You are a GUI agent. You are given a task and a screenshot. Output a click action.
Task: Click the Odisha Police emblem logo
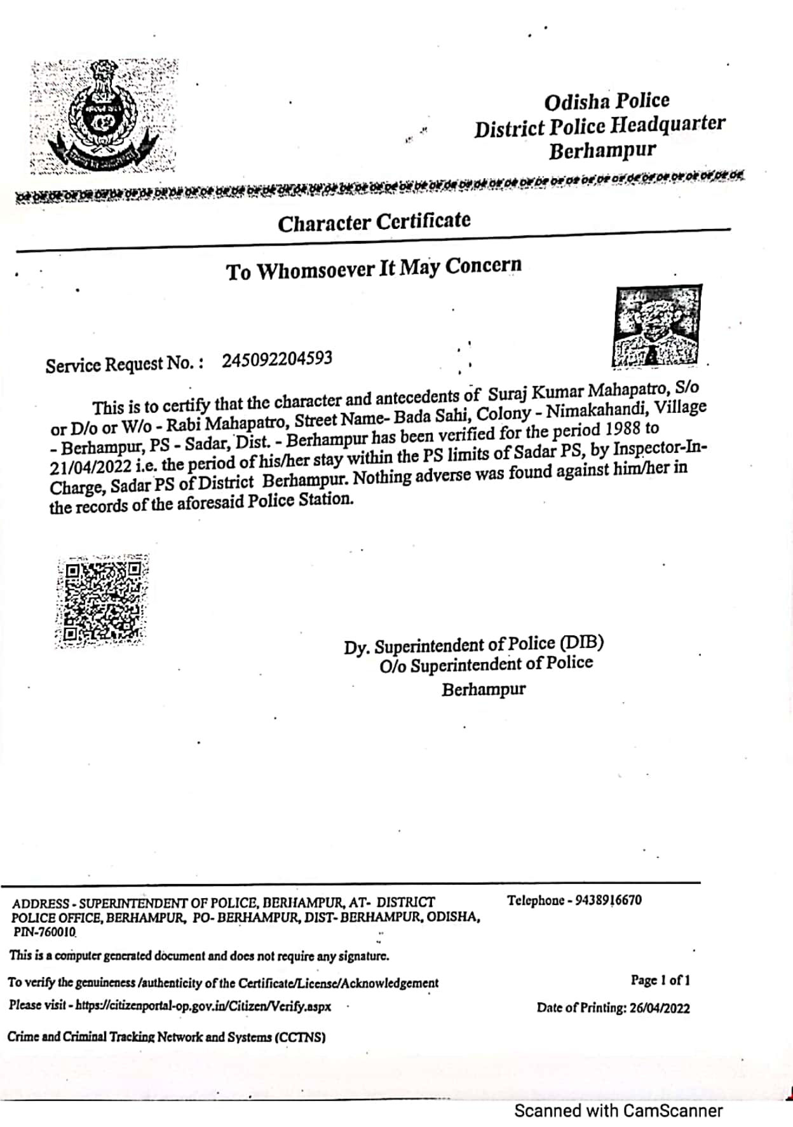(x=104, y=116)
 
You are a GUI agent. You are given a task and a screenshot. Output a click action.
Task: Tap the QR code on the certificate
(x=102, y=601)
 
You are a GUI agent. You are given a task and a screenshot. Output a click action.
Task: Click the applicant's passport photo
(x=657, y=326)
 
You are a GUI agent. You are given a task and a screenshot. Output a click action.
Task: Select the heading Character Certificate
(x=374, y=222)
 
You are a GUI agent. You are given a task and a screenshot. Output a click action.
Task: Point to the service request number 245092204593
(x=277, y=359)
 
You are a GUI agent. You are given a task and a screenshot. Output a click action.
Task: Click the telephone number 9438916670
(x=608, y=900)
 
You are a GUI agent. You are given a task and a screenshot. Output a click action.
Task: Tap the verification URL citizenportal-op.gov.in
(x=203, y=1006)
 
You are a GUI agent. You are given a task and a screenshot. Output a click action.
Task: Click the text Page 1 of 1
(x=660, y=980)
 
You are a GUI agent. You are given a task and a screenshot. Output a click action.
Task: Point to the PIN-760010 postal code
(x=44, y=932)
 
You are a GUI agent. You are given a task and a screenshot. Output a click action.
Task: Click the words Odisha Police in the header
(x=607, y=101)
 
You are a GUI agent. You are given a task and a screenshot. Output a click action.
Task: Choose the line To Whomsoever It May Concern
(x=374, y=268)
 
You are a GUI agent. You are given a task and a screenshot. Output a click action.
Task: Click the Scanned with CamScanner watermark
(x=618, y=1110)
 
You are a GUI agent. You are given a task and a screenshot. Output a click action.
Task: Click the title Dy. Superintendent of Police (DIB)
(x=473, y=645)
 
